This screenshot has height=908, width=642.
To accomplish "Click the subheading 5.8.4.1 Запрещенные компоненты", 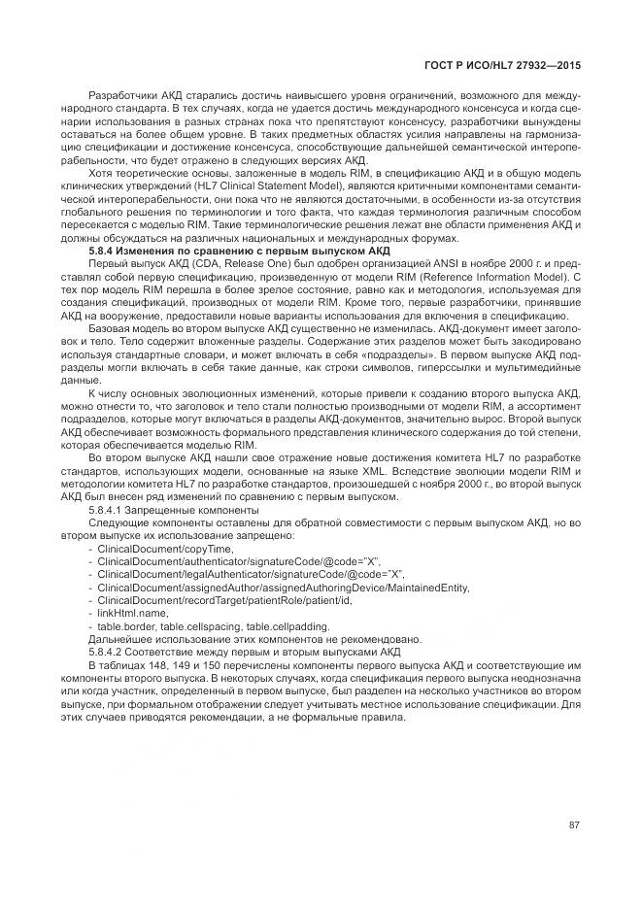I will click(x=174, y=509).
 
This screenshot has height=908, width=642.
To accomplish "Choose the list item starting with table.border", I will click(x=213, y=625).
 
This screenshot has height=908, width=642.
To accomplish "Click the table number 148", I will click(x=152, y=665).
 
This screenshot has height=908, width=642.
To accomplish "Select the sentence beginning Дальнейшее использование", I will click(x=253, y=639).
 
